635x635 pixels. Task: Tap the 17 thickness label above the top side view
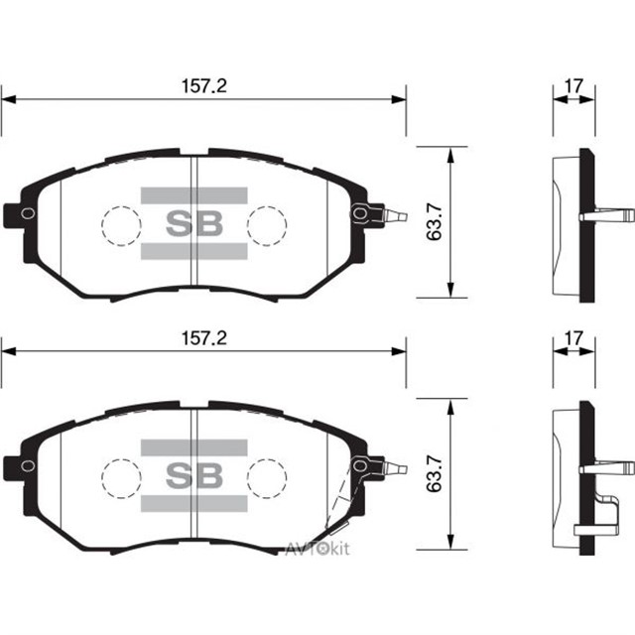[572, 86]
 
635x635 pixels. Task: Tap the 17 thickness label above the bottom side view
[572, 337]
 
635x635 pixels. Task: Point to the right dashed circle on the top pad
[266, 225]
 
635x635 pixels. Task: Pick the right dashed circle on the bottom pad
[266, 475]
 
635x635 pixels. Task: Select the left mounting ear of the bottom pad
[19, 463]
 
